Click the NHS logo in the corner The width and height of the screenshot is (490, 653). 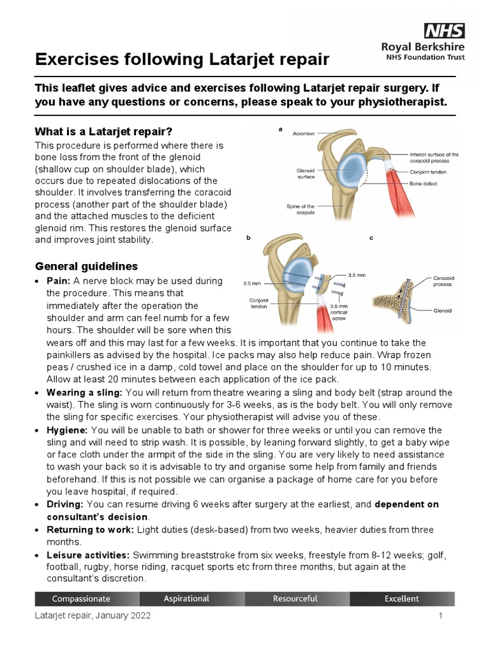[x=445, y=30]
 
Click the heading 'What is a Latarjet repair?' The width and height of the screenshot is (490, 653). [x=103, y=132]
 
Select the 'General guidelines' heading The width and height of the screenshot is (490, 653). [x=86, y=265]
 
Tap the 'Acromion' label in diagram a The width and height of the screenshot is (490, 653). [x=304, y=133]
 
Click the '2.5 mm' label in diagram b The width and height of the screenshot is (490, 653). [x=253, y=283]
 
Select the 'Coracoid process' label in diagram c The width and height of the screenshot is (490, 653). [x=443, y=282]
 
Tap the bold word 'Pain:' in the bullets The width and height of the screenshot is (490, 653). [x=59, y=281]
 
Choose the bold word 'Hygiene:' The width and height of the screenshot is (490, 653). [x=67, y=430]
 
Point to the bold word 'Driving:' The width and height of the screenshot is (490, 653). [x=66, y=504]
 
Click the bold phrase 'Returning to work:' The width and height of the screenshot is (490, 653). [x=89, y=530]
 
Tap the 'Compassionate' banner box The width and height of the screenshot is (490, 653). [x=81, y=599]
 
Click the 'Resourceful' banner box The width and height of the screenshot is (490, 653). [x=295, y=599]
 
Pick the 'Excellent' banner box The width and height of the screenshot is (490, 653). [x=402, y=599]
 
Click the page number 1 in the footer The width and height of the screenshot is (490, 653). [x=440, y=616]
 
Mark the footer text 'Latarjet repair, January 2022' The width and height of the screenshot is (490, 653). [x=93, y=617]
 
